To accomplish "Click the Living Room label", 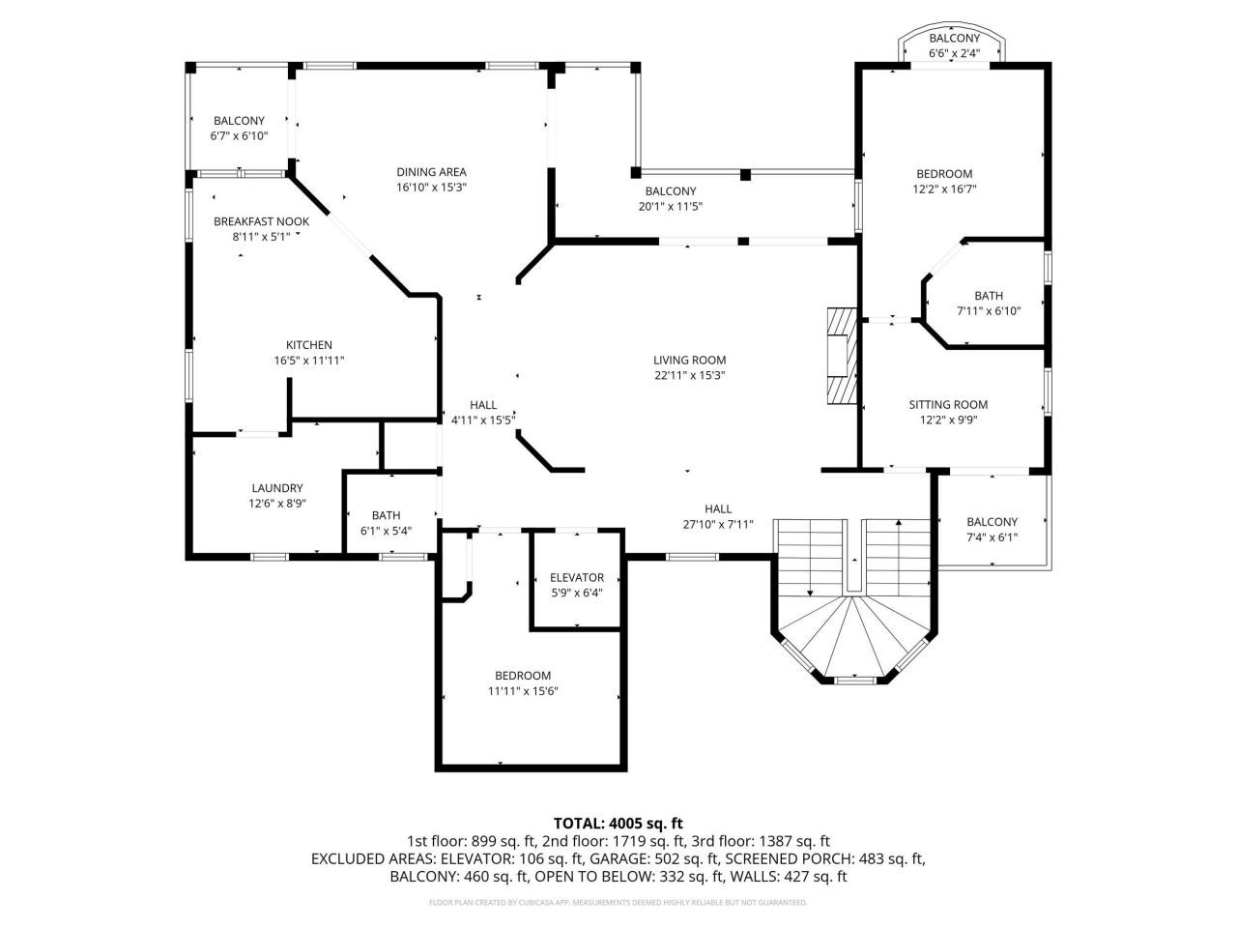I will pyautogui.click(x=689, y=361).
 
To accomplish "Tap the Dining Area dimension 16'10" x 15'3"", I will pyautogui.click(x=431, y=188).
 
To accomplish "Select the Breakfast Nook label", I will pyautogui.click(x=261, y=221).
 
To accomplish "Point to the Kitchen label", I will pyautogui.click(x=308, y=345).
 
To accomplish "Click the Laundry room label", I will pyautogui.click(x=276, y=488).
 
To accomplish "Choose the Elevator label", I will pyautogui.click(x=576, y=577).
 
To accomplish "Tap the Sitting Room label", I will pyautogui.click(x=948, y=405).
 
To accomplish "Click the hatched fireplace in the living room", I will pyautogui.click(x=841, y=355).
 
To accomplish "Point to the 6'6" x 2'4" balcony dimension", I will pyautogui.click(x=954, y=54).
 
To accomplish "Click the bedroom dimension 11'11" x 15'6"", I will pyautogui.click(x=523, y=691).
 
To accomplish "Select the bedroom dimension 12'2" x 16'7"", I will pyautogui.click(x=944, y=189).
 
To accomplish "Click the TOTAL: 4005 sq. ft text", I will pyautogui.click(x=618, y=824).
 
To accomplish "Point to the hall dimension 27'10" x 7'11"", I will pyautogui.click(x=717, y=525).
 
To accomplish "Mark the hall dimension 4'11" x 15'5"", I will pyautogui.click(x=483, y=420).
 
